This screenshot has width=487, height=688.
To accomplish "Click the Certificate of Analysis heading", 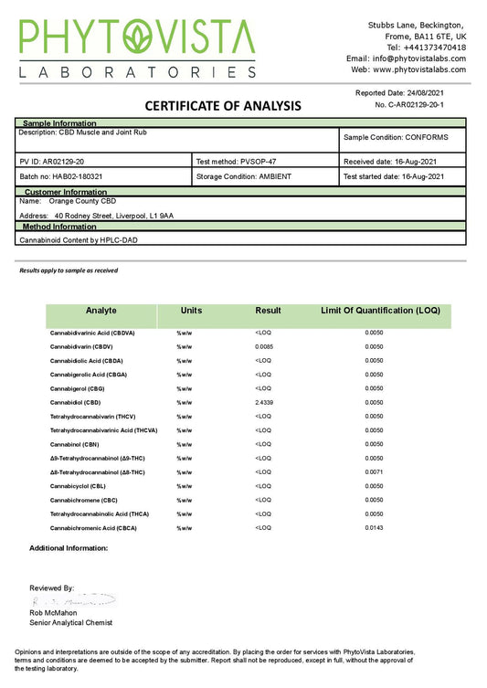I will (210, 106).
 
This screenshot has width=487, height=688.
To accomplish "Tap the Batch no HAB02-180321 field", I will (58, 176).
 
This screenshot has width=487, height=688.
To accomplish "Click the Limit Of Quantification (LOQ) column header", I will (380, 311).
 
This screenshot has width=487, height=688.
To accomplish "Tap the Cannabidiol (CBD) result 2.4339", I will (266, 402).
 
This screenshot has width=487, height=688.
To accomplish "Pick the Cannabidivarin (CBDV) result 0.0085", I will (264, 346).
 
